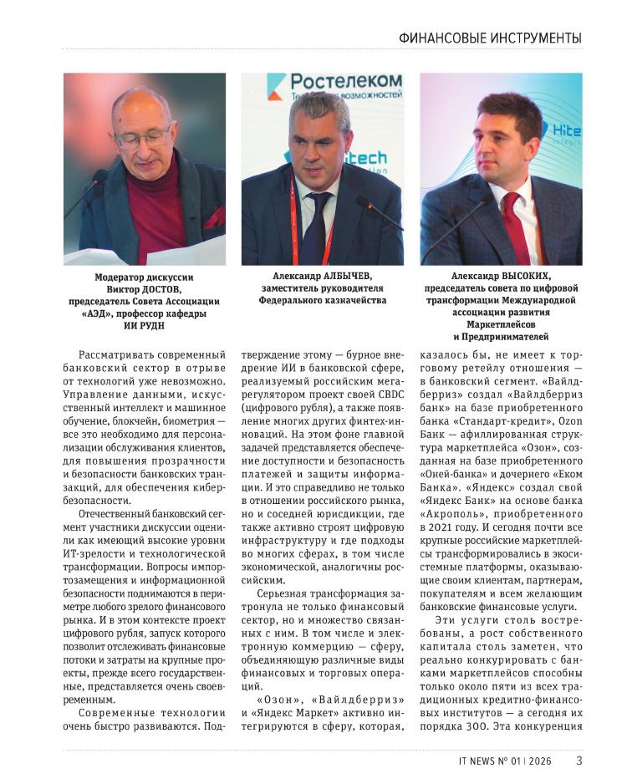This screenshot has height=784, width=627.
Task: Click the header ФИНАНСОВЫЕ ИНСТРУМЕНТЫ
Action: (x=489, y=38)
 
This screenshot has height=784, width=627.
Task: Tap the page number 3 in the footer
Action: (x=579, y=761)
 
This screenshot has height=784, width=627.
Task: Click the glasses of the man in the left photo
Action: (x=144, y=134)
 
